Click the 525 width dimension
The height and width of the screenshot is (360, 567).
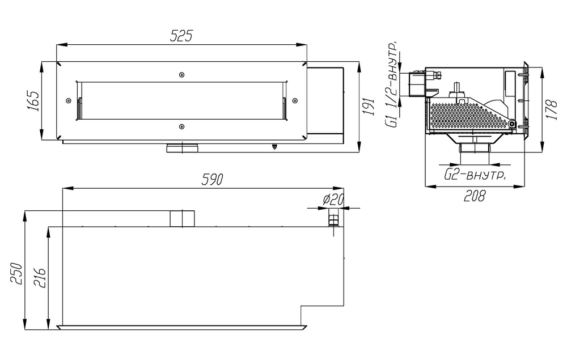(x=181, y=36)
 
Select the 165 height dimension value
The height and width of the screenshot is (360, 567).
(x=32, y=100)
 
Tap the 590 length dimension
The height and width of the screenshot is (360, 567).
(x=213, y=180)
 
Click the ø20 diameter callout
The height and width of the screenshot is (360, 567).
(x=333, y=200)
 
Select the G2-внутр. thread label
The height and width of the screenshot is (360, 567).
(x=475, y=175)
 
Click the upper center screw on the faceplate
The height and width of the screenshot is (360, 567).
(x=181, y=75)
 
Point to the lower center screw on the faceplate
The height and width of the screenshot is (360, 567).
(x=181, y=126)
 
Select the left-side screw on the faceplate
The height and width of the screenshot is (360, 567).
(x=69, y=100)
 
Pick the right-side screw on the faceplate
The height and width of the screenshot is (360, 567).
(x=294, y=100)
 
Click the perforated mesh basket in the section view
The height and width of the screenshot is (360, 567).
(x=465, y=116)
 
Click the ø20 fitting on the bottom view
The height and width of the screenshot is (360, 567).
(x=334, y=218)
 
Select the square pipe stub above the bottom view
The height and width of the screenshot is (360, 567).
(x=182, y=218)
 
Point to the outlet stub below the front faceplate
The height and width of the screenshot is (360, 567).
(x=181, y=149)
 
